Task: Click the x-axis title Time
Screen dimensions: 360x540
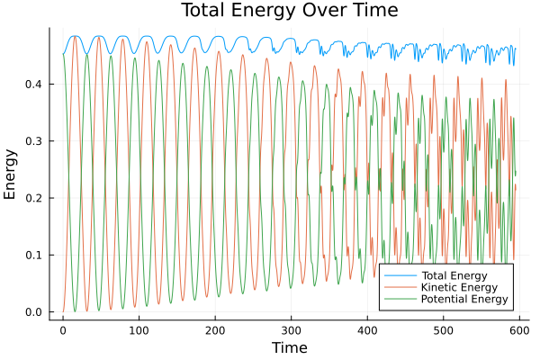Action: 289,347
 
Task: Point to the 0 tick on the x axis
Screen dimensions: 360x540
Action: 63,330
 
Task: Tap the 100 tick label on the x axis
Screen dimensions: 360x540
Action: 139,330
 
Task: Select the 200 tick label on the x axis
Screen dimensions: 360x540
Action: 214,330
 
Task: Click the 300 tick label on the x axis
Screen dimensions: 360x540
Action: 291,330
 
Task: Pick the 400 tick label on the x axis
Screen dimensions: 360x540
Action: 366,330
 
